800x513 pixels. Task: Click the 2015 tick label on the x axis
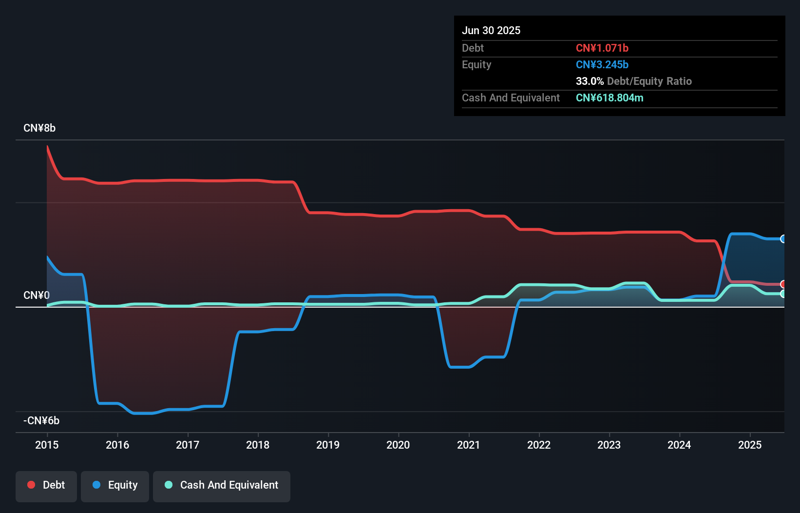pyautogui.click(x=47, y=445)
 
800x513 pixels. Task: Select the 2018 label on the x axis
pyautogui.click(x=258, y=445)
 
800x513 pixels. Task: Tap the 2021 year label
pyautogui.click(x=468, y=445)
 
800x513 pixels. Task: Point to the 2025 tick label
pyautogui.click(x=749, y=445)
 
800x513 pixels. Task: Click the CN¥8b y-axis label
pyautogui.click(x=39, y=128)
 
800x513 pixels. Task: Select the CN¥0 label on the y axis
pyautogui.click(x=37, y=296)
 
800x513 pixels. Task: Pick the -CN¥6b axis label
pyautogui.click(x=41, y=421)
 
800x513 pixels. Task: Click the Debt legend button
pyautogui.click(x=46, y=485)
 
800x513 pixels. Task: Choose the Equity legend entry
pyautogui.click(x=115, y=485)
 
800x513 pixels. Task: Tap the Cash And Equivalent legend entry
pyautogui.click(x=222, y=485)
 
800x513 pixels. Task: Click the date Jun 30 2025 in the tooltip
pyautogui.click(x=491, y=31)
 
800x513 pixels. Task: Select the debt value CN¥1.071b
pyautogui.click(x=602, y=48)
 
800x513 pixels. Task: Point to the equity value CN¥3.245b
pyautogui.click(x=602, y=65)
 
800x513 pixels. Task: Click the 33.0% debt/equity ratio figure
pyautogui.click(x=590, y=81)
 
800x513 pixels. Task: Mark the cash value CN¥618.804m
pyautogui.click(x=610, y=98)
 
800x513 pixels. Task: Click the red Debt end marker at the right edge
pyautogui.click(x=783, y=284)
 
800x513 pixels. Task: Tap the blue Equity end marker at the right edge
pyautogui.click(x=783, y=239)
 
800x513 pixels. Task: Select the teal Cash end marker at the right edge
pyautogui.click(x=783, y=294)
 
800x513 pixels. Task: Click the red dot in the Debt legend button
pyautogui.click(x=31, y=485)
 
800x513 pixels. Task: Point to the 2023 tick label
pyautogui.click(x=609, y=445)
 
